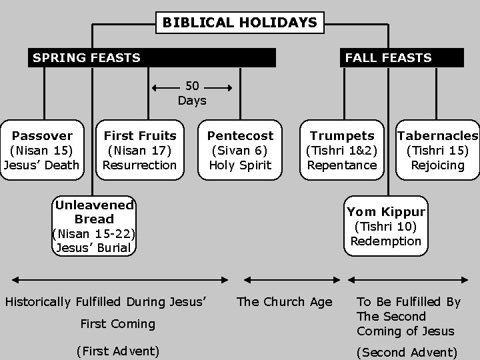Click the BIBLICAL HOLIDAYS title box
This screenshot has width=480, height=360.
point(240,23)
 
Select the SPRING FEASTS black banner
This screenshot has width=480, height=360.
point(153,57)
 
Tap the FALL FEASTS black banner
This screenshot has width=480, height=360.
point(402,57)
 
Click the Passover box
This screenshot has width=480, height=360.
point(42,150)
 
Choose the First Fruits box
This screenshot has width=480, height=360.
point(140,150)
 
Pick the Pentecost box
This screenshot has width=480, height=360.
point(241,150)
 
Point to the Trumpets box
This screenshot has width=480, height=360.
point(342,150)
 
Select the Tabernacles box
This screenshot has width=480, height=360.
point(437,150)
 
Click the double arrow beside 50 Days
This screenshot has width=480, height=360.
point(192,87)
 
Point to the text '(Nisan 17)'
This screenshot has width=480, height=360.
point(140,151)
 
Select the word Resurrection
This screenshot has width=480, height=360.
point(140,165)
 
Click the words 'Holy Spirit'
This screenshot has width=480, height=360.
point(241,165)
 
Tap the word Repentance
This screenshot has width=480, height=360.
point(342,165)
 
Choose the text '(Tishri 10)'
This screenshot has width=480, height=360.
point(386,227)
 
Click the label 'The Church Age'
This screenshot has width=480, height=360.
point(285,302)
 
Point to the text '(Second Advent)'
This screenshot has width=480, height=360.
point(407,352)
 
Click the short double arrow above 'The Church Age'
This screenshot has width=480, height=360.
point(285,280)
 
